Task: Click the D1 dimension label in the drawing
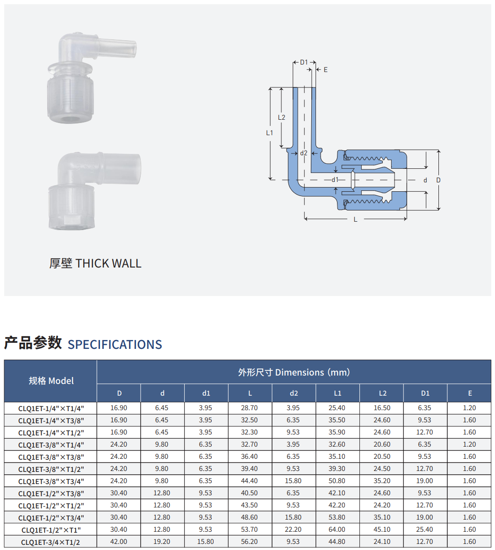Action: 304,63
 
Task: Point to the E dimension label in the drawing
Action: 326,70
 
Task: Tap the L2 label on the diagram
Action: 281,117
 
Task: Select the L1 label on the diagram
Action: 269,133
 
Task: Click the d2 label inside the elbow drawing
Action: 304,153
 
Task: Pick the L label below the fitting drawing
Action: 355,220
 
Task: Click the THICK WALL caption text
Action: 108,263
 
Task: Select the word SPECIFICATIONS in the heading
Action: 115,344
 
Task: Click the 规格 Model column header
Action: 51,381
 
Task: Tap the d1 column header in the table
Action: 206,393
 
